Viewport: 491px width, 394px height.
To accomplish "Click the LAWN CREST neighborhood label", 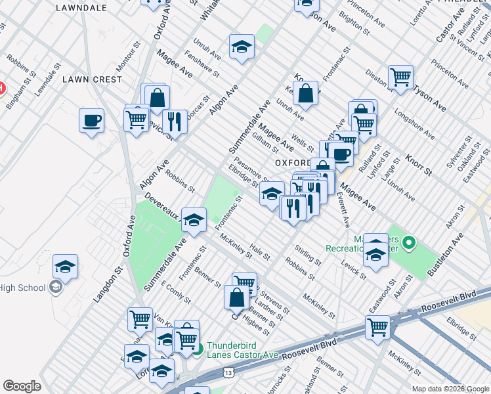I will pyautogui.click(x=92, y=79).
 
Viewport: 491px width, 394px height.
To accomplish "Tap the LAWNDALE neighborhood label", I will pyautogui.click(x=81, y=8).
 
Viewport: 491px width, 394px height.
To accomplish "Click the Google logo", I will pyautogui.click(x=22, y=386).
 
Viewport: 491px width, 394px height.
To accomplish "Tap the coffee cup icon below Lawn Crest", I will pyautogui.click(x=91, y=121).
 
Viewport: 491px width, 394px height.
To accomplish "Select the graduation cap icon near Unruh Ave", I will pyautogui.click(x=242, y=47).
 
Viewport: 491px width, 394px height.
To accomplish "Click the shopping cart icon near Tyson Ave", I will pyautogui.click(x=400, y=77).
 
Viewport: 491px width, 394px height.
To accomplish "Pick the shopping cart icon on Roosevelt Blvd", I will pyautogui.click(x=378, y=326).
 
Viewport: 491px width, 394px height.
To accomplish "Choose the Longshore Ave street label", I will pyautogui.click(x=414, y=123).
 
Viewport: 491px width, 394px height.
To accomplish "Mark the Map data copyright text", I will pyautogui.click(x=449, y=388).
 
